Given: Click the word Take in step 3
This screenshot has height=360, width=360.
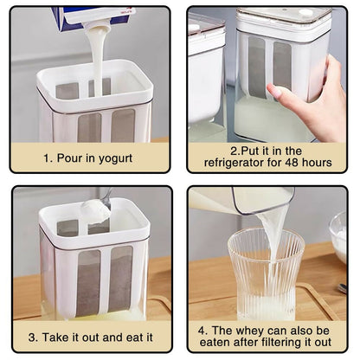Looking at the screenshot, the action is click(x=55, y=337).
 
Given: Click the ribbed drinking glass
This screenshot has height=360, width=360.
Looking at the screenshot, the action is click(x=266, y=274).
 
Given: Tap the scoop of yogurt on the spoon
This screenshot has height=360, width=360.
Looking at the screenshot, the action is click(x=95, y=210).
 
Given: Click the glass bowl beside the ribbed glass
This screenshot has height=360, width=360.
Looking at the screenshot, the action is click(x=338, y=236).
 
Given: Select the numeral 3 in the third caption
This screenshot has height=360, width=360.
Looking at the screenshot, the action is click(x=31, y=337).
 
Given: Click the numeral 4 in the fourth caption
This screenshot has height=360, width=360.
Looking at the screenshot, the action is click(x=202, y=331).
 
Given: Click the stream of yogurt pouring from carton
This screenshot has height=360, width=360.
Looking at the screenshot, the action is click(x=97, y=58).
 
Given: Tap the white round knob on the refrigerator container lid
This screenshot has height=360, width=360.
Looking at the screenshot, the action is click(x=305, y=12).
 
